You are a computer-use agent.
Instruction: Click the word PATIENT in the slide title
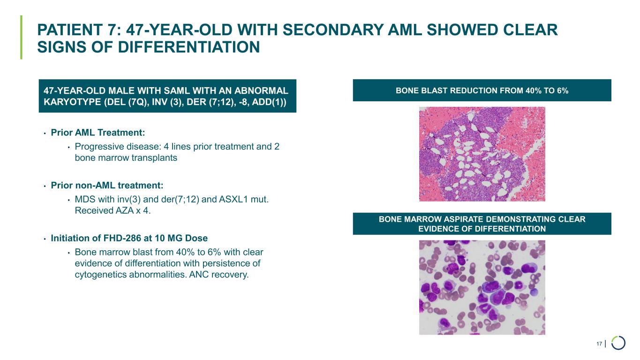(70, 30)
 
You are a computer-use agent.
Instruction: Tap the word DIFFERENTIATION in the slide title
(189, 47)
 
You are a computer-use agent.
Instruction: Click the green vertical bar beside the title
(21, 37)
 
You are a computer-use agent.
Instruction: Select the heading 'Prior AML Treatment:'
(98, 133)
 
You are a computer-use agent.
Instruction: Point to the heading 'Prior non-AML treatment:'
(107, 186)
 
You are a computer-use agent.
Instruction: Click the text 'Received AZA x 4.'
(113, 210)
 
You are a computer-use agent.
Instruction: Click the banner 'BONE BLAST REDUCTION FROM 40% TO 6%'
(482, 90)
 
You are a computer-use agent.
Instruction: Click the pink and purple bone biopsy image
(482, 154)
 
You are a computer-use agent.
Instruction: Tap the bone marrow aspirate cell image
(482, 287)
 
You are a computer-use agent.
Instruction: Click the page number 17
(599, 344)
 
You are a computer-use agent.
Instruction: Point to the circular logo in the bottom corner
(618, 343)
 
